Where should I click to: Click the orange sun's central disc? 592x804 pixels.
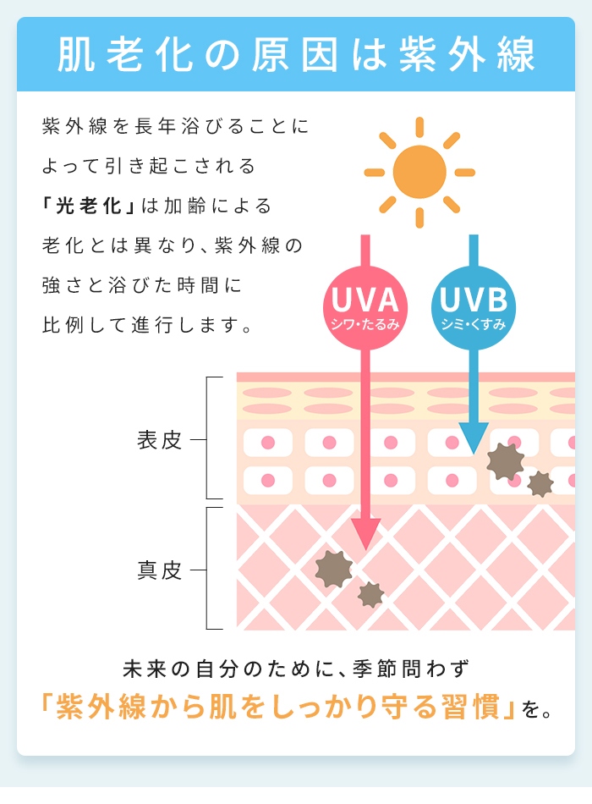pos(419,172)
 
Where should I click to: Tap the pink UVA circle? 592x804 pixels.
pos(365,308)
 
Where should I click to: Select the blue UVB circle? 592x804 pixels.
pos(473,308)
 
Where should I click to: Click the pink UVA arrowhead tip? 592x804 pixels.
pos(365,549)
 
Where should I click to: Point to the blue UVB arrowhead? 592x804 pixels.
pos(473,438)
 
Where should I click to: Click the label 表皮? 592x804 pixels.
pos(159,440)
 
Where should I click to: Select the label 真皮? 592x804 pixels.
pos(159,570)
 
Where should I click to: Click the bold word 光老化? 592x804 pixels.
pos(88,206)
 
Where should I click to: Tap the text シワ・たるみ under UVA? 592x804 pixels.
pos(365,324)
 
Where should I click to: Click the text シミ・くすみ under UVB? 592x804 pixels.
pos(473,324)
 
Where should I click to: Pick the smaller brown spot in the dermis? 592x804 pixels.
pos(370,595)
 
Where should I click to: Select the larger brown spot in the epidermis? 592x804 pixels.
pos(506,461)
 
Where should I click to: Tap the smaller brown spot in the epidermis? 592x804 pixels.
pos(540,484)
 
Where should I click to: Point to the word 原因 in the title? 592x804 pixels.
pos(294,54)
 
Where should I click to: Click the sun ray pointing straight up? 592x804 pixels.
pos(419,127)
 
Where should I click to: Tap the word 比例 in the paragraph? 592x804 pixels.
pos(63,325)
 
